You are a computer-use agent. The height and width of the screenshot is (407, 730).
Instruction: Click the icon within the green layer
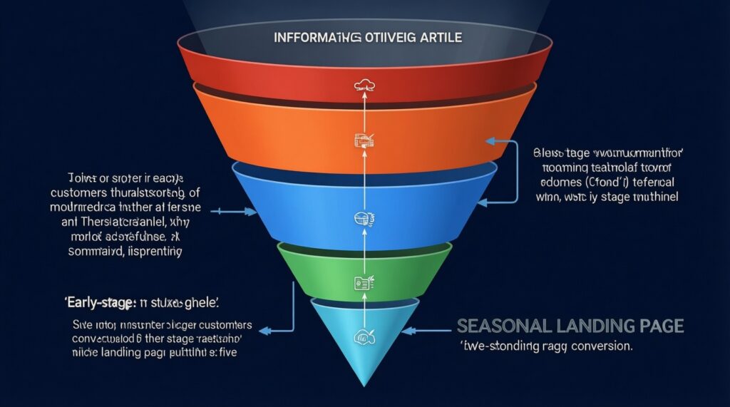pos(359,284)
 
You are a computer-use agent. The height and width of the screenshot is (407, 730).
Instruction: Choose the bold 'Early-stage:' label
pos(94,302)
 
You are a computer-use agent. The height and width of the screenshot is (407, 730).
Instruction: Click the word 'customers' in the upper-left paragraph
pos(79,193)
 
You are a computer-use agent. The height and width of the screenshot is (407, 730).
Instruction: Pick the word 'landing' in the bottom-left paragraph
pos(123,352)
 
